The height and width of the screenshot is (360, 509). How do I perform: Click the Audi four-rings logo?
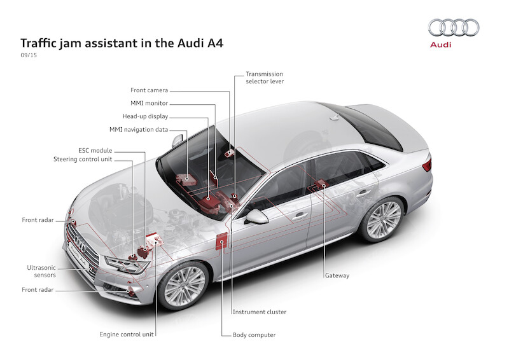[x=454, y=27]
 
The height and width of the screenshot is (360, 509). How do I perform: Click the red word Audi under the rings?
[x=440, y=45]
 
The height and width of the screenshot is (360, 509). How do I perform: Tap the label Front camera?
[x=150, y=91]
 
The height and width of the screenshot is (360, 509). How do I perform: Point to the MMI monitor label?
[x=149, y=104]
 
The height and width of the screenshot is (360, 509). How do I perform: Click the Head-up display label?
[x=145, y=116]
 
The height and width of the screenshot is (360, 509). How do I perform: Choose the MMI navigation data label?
[x=139, y=130]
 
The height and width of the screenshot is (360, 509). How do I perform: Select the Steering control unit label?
[x=83, y=159]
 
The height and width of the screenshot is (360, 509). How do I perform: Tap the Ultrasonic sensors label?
[x=41, y=271]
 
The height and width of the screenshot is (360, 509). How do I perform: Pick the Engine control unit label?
[x=128, y=333]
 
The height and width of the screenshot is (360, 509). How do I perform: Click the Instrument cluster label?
[x=259, y=312]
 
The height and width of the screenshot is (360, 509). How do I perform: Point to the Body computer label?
[x=254, y=335]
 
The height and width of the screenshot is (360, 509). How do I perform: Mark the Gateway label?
[x=337, y=275]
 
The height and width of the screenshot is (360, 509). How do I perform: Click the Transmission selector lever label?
[x=265, y=78]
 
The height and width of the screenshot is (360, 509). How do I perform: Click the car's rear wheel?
[x=384, y=219]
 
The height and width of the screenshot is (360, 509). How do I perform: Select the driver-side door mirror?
[x=257, y=217]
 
